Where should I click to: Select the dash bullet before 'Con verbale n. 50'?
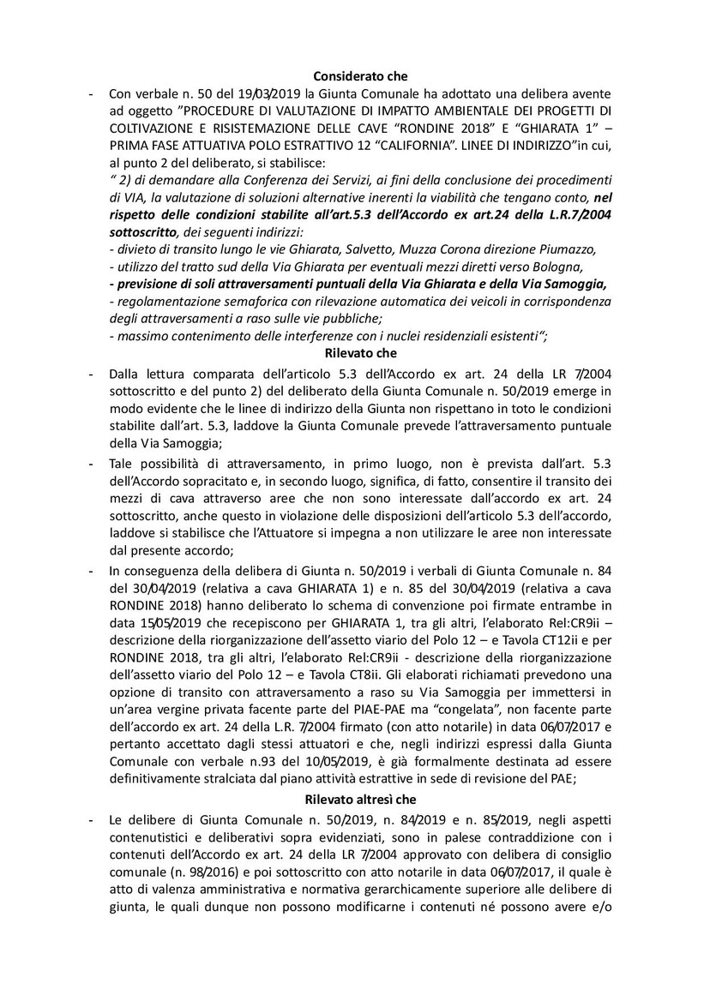coord(92,93)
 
